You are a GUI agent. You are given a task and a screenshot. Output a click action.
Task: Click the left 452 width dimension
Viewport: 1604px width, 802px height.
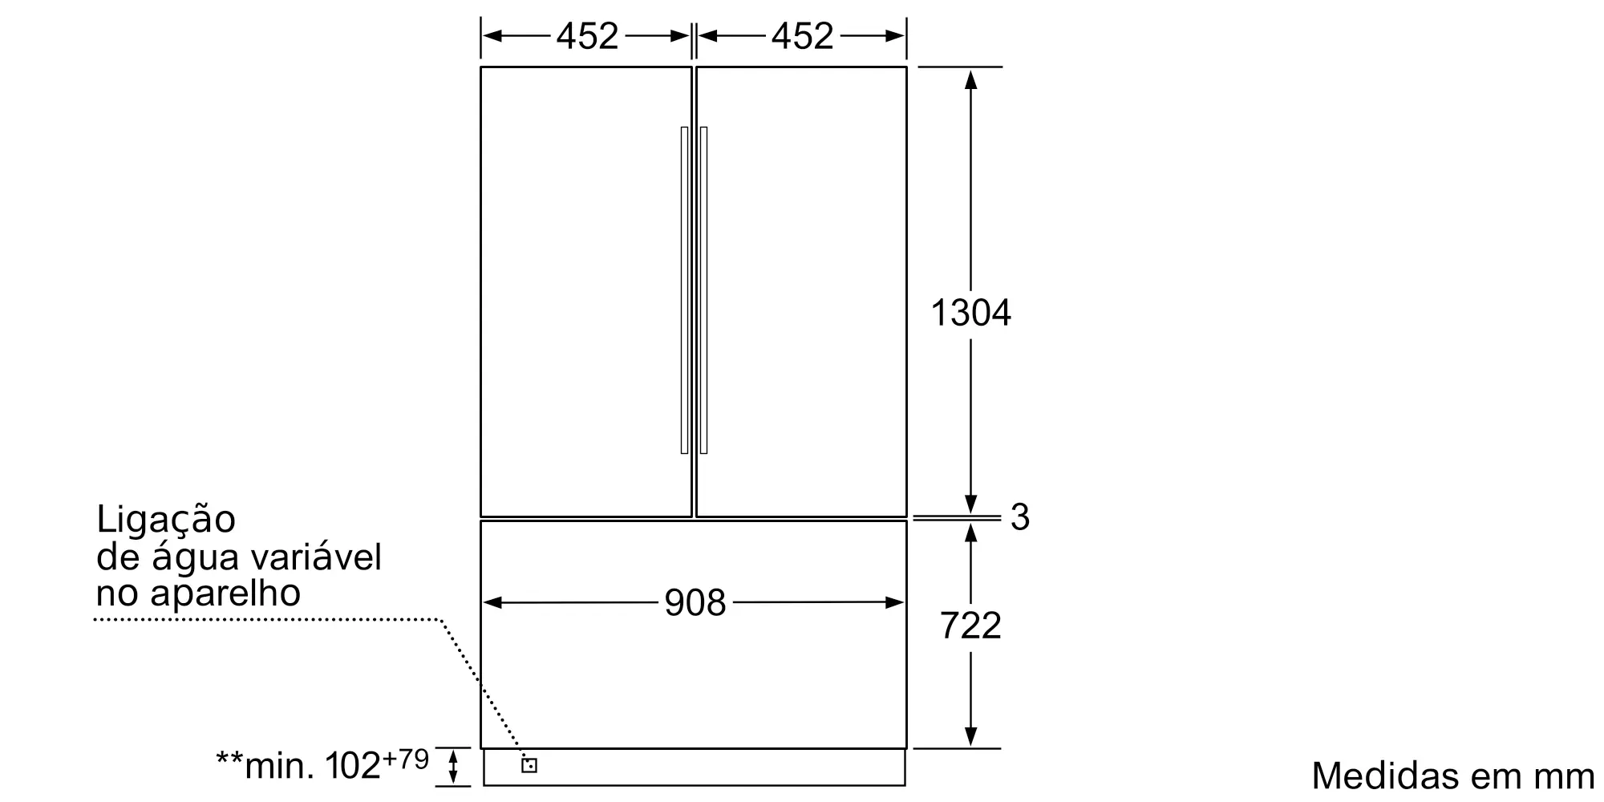(x=587, y=36)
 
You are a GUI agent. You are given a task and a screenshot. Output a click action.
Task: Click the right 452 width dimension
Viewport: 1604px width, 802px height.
(x=803, y=36)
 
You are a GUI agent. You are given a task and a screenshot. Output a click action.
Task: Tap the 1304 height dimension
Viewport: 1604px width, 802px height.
(x=970, y=312)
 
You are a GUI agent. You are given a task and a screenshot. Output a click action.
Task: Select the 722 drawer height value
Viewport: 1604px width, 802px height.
(x=970, y=626)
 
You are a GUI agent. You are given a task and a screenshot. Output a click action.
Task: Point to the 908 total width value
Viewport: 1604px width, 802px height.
(x=695, y=602)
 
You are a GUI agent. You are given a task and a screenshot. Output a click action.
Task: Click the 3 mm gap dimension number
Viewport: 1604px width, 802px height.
(x=1019, y=517)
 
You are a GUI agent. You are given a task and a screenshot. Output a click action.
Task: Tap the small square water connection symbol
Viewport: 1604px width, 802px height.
(x=529, y=765)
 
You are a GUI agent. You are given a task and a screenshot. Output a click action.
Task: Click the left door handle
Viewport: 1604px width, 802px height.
(x=684, y=290)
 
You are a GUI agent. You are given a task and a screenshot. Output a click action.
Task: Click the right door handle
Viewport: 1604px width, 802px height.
(x=703, y=290)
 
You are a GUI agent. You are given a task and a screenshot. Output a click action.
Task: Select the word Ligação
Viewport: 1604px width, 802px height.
(x=166, y=520)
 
